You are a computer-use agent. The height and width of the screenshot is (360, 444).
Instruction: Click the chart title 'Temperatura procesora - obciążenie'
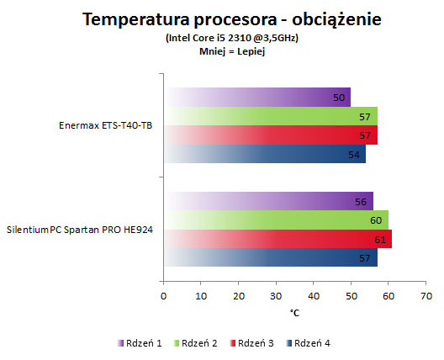232,20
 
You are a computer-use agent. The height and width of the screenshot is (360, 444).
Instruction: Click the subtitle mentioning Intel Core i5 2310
232,38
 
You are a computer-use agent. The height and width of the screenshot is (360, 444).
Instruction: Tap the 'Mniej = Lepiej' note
232,51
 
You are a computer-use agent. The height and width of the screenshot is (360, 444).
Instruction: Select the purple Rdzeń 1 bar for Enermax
257,98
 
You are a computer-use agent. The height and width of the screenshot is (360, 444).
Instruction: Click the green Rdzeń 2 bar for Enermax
271,116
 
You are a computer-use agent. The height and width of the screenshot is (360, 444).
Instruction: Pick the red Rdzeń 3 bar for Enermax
271,135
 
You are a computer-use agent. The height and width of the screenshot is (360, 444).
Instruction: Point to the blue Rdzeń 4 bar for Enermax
265,154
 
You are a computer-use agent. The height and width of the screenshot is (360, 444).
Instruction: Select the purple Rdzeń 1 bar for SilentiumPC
269,201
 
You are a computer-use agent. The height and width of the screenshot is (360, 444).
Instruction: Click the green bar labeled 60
276,220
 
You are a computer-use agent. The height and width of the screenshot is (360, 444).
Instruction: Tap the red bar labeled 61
278,239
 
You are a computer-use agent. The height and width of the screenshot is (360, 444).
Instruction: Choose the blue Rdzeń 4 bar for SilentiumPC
271,257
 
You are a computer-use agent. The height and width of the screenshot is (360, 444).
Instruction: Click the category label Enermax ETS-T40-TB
105,125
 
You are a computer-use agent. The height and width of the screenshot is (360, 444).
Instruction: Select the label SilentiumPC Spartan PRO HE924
80,230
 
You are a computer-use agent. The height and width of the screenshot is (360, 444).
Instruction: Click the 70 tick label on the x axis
426,296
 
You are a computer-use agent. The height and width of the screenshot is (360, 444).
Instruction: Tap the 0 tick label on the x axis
163,296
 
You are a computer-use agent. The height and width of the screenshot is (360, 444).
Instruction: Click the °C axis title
294,313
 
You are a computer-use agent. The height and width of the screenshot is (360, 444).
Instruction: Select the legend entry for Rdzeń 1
140,343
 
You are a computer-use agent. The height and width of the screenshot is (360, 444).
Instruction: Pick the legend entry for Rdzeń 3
251,343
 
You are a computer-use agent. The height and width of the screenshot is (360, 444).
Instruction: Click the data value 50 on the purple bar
339,98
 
